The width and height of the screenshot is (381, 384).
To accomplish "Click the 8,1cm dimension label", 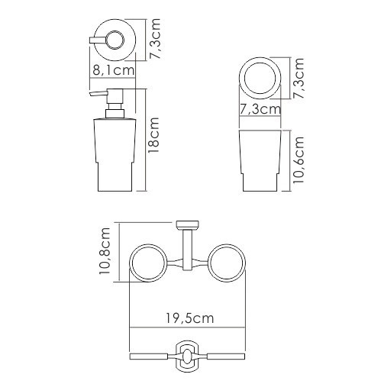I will pos(113,70).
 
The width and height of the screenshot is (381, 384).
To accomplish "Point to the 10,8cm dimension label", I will pos(107,253).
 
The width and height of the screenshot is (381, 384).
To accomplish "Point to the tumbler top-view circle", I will pos(260,77).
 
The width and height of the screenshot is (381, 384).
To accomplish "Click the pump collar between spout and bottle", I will pos(114,111).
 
